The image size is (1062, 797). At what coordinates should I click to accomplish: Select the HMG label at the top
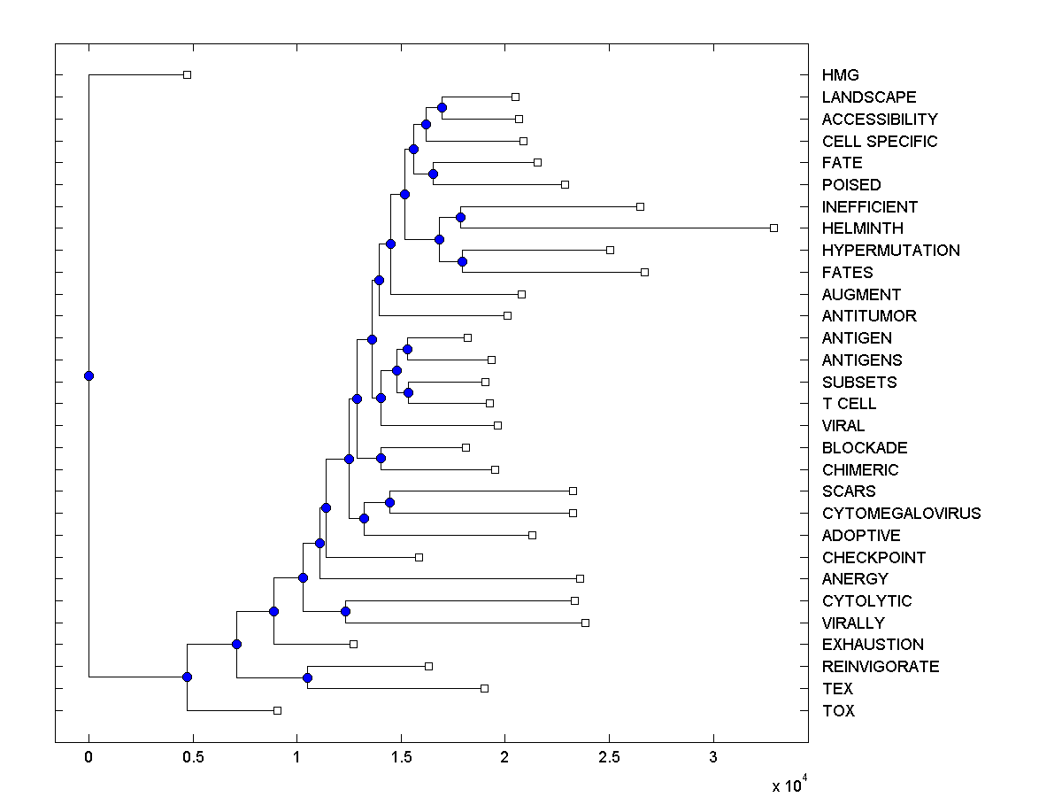[840, 75]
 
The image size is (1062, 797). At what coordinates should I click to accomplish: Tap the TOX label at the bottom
[838, 711]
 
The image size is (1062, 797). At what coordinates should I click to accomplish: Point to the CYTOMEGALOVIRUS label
[901, 514]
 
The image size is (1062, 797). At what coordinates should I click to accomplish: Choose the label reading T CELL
[849, 404]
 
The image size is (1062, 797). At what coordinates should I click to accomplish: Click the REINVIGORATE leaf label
[880, 667]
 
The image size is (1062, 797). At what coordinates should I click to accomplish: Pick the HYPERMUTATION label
[890, 251]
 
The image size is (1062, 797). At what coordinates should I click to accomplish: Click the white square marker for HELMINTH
[773, 228]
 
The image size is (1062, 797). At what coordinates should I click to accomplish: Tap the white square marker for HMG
[187, 75]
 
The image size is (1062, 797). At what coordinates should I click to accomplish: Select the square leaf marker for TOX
[277, 710]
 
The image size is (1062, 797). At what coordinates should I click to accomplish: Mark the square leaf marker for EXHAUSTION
[353, 645]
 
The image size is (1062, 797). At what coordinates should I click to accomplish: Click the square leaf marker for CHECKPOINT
[419, 557]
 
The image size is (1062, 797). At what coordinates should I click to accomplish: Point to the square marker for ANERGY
[580, 579]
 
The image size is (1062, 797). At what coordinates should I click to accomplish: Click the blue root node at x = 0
[88, 375]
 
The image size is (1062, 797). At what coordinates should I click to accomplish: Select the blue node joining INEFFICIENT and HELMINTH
[460, 217]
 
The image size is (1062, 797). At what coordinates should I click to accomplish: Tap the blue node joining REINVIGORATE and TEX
[307, 677]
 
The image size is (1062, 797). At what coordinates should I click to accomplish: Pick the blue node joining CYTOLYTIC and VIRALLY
[345, 611]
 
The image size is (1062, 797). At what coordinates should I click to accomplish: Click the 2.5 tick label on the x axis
[609, 758]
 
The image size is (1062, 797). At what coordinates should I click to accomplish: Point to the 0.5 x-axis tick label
[193, 758]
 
